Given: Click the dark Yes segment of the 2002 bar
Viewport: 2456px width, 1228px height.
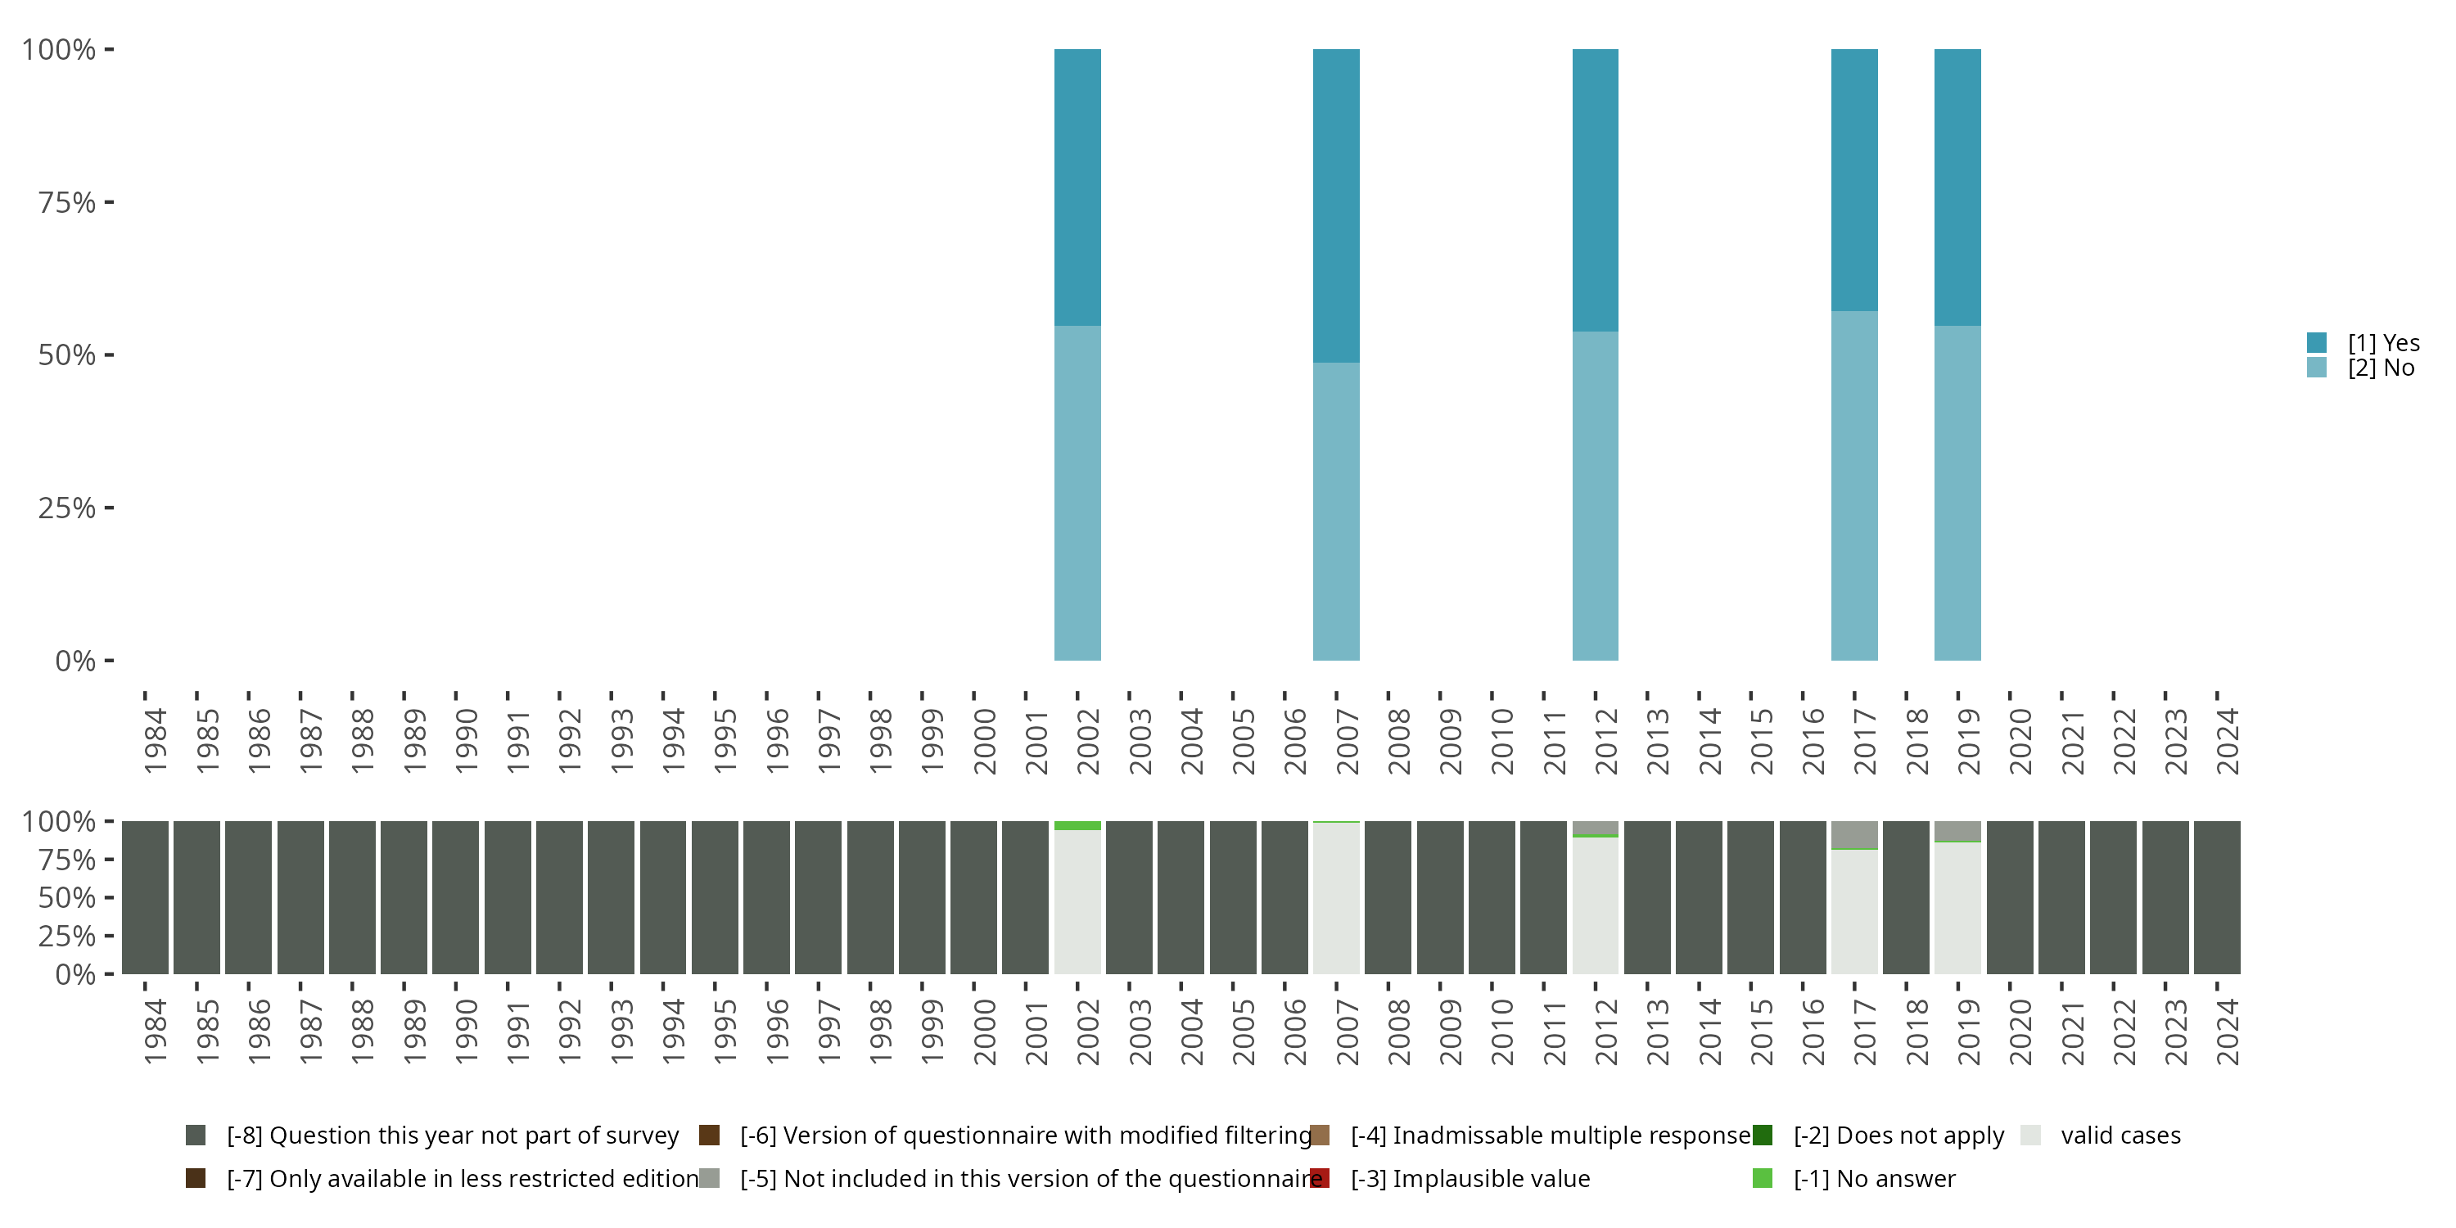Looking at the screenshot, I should click(x=1077, y=187).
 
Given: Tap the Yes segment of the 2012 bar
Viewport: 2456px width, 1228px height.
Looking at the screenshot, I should click(x=1595, y=190).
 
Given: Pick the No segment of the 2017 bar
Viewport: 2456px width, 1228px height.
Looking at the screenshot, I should click(x=1854, y=485).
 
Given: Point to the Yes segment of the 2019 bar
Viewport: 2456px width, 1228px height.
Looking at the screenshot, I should click(x=1957, y=187).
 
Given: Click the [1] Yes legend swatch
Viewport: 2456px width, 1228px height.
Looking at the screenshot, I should click(x=2317, y=342).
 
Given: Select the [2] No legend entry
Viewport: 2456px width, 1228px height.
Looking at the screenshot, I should click(x=2381, y=368).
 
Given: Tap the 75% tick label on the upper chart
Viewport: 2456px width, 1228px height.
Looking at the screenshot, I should click(x=67, y=202).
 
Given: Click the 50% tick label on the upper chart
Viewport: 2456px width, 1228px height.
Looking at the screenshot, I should click(x=67, y=354).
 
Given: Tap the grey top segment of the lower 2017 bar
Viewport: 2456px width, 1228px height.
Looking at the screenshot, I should click(x=1854, y=834).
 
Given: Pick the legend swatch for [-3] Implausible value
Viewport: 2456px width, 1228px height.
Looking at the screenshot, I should click(x=1320, y=1178).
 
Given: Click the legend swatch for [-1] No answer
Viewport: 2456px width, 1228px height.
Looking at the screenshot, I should click(x=1762, y=1178).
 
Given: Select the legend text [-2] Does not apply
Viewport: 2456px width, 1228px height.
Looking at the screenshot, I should click(x=1898, y=1135).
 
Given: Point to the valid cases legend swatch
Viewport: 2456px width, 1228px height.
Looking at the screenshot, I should click(x=2031, y=1135).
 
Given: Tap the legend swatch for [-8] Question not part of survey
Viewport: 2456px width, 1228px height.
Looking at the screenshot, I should click(x=196, y=1135).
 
